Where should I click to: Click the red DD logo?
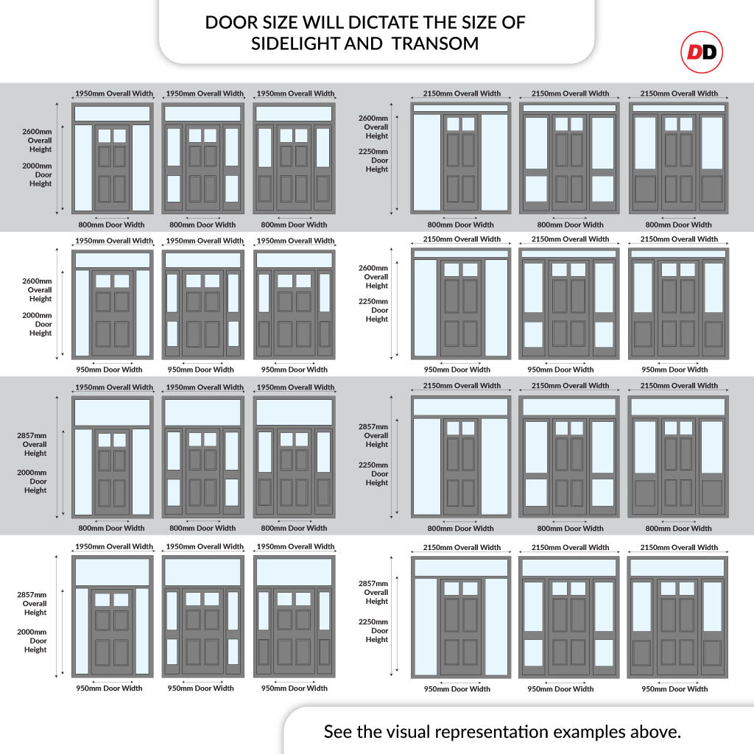(x=702, y=52)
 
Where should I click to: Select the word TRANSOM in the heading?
(x=435, y=43)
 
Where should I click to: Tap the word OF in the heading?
(x=513, y=23)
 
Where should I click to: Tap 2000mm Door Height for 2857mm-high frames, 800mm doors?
(x=32, y=482)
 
